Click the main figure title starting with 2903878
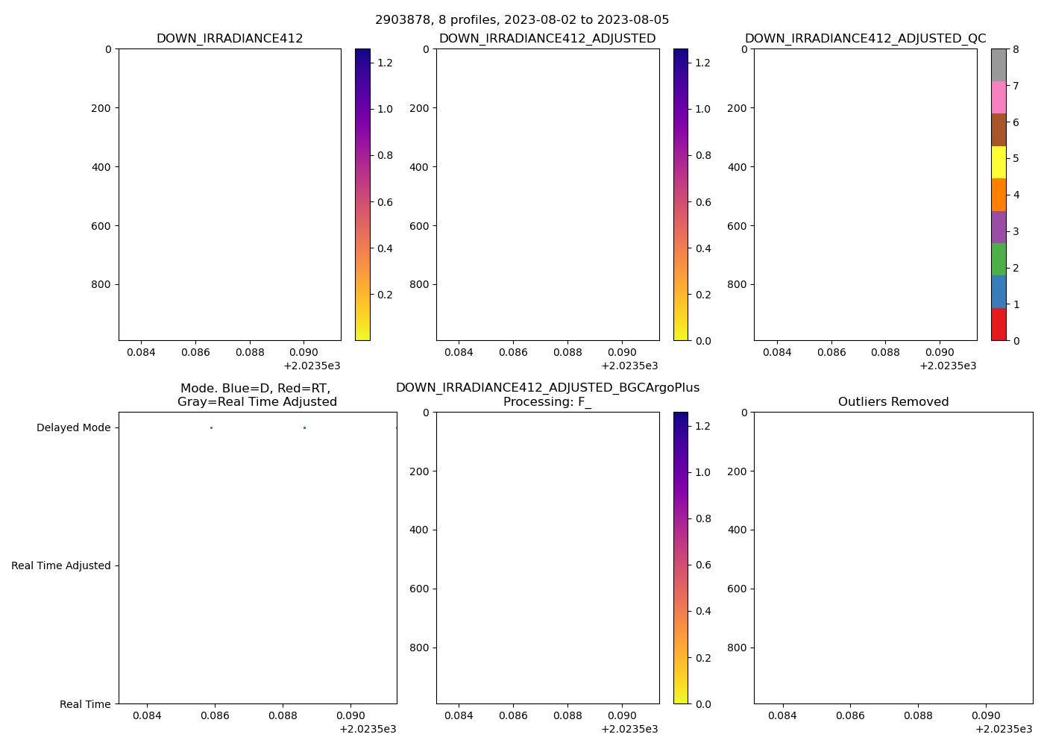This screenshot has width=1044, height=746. [522, 20]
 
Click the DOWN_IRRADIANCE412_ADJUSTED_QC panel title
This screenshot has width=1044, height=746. [865, 39]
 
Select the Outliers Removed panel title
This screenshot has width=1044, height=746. [893, 402]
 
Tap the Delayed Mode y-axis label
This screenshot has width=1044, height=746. [73, 428]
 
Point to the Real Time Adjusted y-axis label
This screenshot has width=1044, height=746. [60, 566]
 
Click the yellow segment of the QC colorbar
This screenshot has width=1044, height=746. [999, 162]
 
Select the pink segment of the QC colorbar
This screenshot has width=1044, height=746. [999, 97]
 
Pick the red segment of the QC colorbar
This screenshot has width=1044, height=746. [999, 325]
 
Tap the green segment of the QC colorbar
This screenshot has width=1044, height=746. [999, 259]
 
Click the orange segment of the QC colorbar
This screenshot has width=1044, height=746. [999, 195]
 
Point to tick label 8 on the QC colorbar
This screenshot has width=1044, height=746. [1016, 49]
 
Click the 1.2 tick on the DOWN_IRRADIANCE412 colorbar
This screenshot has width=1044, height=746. [384, 63]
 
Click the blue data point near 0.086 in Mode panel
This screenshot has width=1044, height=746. [211, 427]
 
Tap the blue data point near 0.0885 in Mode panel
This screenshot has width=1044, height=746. [304, 427]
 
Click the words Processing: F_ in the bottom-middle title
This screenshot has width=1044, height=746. [547, 402]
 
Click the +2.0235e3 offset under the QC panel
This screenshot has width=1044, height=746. [948, 366]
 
